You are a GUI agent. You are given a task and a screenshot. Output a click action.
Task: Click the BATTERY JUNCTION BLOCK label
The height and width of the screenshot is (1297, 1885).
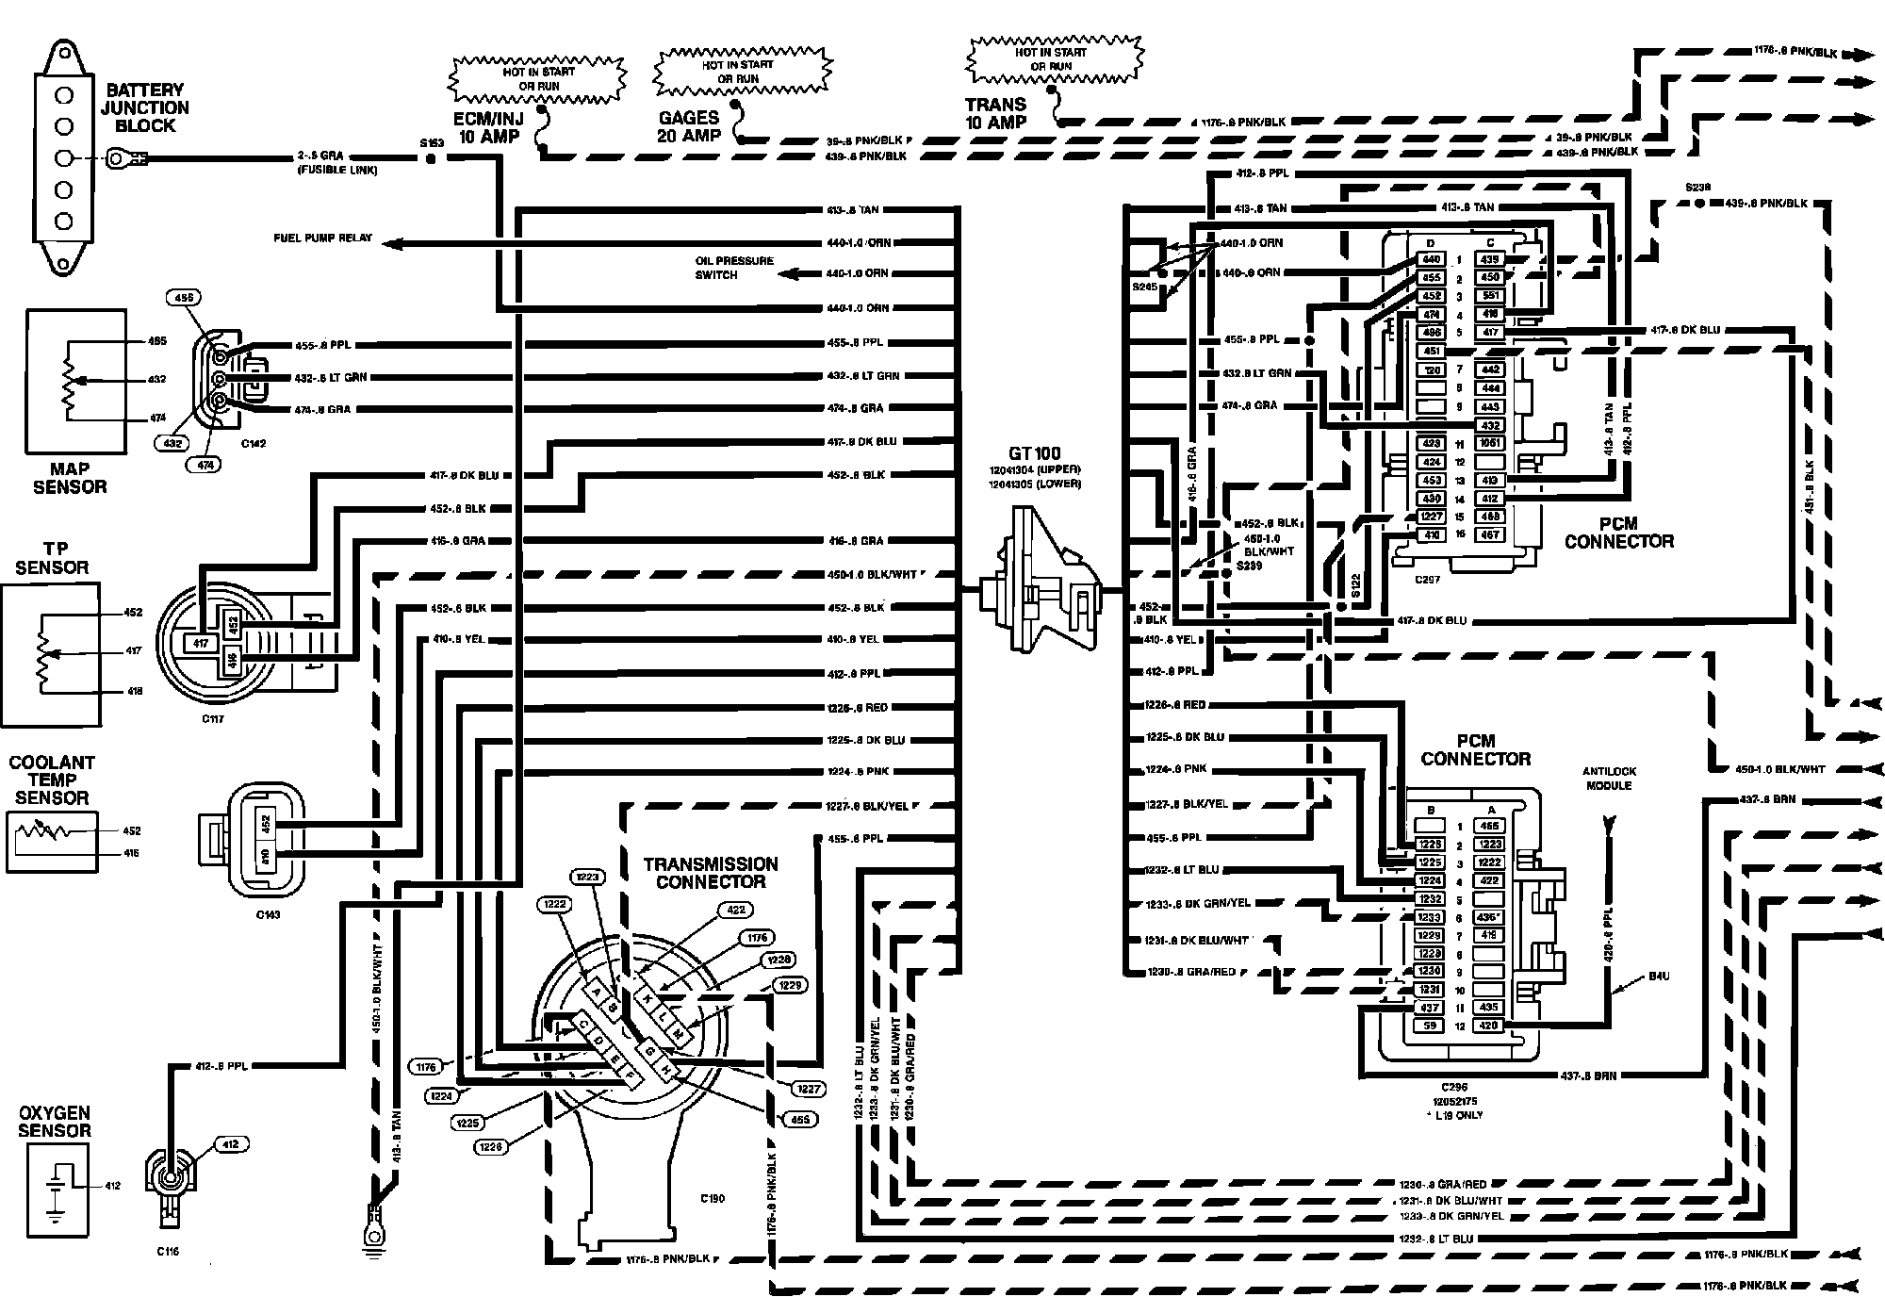[145, 107]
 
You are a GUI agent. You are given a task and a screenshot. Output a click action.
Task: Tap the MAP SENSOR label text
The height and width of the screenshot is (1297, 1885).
[70, 478]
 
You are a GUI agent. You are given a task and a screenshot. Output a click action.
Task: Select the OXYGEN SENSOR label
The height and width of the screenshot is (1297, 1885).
[54, 1122]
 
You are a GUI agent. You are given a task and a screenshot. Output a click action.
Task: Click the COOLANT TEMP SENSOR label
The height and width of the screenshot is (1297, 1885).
[52, 780]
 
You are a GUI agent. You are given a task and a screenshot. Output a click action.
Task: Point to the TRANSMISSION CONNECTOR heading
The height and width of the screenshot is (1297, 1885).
[711, 873]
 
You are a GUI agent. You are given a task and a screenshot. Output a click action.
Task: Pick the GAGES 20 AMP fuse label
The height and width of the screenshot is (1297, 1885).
[689, 126]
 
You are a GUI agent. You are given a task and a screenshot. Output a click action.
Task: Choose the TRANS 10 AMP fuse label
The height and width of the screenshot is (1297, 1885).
[995, 113]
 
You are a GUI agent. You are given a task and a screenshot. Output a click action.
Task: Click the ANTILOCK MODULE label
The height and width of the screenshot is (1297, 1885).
[1608, 779]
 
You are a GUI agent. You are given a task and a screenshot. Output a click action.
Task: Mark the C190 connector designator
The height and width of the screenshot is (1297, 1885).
[713, 1199]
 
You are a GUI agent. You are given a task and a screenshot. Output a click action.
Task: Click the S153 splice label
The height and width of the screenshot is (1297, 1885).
[431, 143]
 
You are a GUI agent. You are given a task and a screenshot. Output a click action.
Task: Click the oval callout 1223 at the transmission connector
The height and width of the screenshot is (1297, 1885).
[587, 877]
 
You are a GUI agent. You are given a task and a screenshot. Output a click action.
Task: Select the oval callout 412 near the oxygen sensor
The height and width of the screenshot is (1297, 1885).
[231, 1144]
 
